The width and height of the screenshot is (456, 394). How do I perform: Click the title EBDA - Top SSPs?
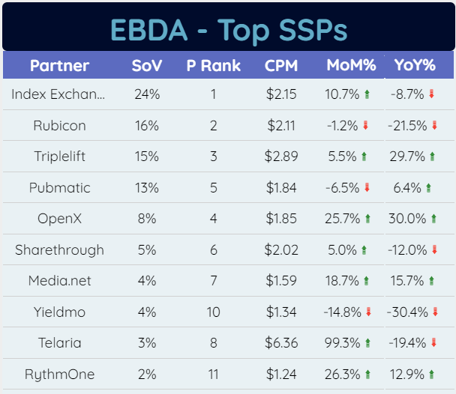click(228, 30)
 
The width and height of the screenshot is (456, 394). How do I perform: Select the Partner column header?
click(59, 66)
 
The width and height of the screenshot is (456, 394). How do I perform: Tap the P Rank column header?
click(213, 66)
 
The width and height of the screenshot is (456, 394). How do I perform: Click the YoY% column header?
click(415, 66)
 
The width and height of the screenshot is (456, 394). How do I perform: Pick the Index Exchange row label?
click(59, 94)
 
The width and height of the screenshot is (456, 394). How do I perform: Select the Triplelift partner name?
click(59, 157)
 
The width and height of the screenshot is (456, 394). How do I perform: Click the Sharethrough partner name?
click(59, 249)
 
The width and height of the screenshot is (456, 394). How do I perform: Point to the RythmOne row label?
click(59, 374)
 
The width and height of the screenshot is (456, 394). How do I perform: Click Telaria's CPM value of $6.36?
click(281, 343)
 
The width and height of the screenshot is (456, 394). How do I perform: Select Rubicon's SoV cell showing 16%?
click(146, 126)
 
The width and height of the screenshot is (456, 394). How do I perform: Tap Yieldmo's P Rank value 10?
click(213, 312)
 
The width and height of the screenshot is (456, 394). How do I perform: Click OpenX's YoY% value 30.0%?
click(408, 219)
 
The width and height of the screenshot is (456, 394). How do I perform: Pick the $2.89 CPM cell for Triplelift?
click(281, 157)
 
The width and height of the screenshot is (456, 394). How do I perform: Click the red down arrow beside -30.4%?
click(434, 312)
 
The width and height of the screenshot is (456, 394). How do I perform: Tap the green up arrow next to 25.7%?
click(367, 219)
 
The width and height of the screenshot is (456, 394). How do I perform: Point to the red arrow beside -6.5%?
click(367, 188)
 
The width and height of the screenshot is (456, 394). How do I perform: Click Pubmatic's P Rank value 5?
click(213, 188)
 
